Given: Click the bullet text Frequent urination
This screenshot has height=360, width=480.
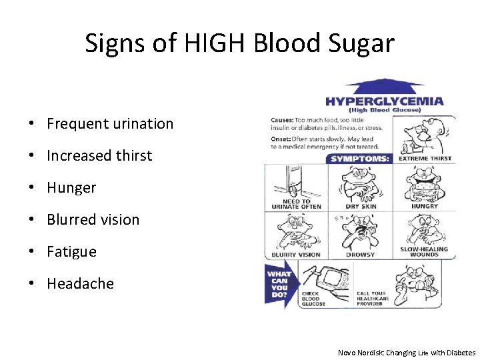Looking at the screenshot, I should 110,123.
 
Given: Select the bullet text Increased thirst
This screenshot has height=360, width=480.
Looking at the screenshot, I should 99,155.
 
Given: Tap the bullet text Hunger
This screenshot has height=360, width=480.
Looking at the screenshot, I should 71,187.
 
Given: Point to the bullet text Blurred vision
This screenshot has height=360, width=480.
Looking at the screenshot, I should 93,219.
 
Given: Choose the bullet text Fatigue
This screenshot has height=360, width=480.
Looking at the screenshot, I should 71,251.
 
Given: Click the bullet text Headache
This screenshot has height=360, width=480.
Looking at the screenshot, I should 80,283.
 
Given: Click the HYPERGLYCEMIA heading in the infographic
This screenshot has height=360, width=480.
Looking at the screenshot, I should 385,101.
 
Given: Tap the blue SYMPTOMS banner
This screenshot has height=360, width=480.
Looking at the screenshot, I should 361,159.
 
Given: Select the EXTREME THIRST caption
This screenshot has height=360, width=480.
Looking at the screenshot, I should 424,159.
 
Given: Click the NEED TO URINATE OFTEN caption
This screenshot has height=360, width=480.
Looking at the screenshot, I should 296,204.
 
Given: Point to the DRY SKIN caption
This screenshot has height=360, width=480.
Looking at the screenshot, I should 361,207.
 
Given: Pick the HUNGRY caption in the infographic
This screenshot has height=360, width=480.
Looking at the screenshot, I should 424,207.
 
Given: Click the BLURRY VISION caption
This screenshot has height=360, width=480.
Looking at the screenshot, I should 296,255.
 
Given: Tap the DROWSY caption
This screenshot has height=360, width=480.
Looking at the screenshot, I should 361,255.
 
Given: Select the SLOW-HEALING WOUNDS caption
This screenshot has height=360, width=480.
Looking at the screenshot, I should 424,252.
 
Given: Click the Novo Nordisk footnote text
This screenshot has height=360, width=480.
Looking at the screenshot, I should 407,353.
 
